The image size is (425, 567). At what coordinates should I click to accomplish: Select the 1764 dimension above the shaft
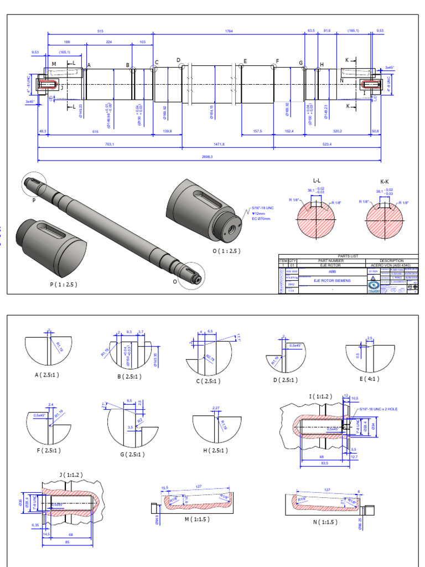[x=229, y=32]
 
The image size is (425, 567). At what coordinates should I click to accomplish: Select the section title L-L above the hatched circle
[x=318, y=181]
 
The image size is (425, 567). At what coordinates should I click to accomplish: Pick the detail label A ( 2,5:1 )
[x=49, y=374]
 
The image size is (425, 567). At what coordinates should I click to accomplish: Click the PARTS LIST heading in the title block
[x=348, y=256]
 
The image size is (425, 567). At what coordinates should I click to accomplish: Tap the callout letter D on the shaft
[x=179, y=60]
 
